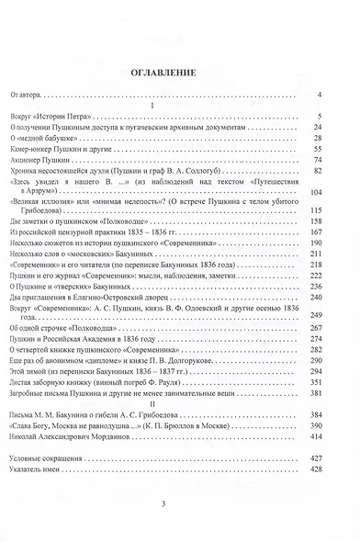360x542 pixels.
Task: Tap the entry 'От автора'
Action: pyautogui.click(x=28, y=94)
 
